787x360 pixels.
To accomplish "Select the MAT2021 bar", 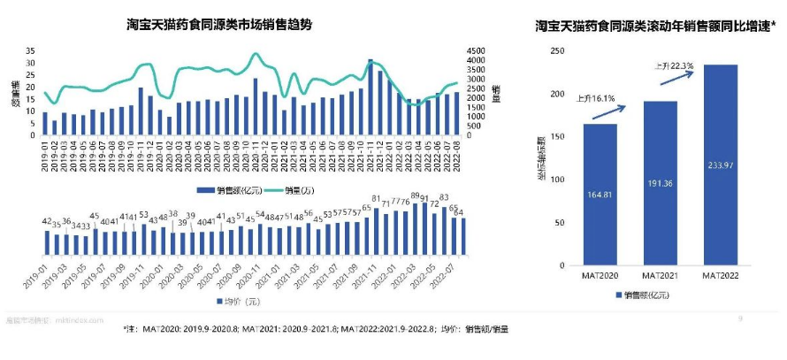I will [x=661, y=183].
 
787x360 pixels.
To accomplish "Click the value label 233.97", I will [x=720, y=165].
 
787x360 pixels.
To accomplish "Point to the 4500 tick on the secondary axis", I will [x=475, y=51].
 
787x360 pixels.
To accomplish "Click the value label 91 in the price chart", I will [x=424, y=199].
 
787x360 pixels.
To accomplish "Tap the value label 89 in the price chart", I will [x=415, y=196].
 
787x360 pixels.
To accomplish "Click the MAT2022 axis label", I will [x=720, y=277].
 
